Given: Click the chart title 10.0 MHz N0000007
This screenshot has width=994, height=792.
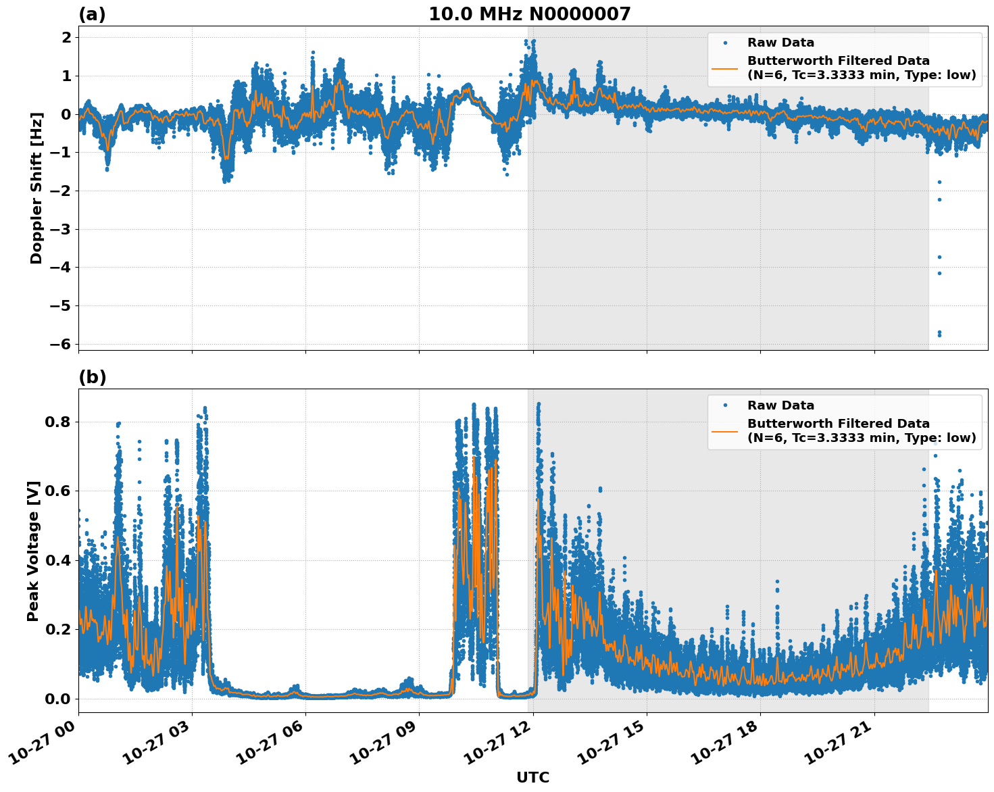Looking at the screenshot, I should [529, 14].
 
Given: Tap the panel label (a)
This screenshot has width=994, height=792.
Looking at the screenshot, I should [92, 14].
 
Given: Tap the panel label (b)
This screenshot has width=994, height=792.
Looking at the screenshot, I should [92, 377].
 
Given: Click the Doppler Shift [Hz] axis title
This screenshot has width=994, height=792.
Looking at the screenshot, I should [36, 188].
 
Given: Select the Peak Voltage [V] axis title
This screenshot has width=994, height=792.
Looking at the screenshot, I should [33, 551].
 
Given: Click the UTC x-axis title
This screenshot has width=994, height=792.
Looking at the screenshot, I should [532, 777].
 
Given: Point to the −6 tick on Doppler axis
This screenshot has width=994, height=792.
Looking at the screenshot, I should [61, 344].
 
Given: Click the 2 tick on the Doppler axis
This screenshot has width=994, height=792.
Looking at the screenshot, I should [66, 37].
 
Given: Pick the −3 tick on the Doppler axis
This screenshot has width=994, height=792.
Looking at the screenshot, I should [61, 229].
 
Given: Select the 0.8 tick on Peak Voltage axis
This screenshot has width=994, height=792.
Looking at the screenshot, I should [57, 422].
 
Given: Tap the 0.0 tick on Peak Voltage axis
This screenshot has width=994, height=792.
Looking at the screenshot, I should [57, 699].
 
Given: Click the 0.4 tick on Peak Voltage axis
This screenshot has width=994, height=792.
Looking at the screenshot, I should [57, 560].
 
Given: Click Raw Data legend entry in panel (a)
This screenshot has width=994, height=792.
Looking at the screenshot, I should [780, 43].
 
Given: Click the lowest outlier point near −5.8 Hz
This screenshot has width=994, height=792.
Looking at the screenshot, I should [939, 335].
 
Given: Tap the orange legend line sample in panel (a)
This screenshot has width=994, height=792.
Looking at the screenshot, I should [724, 68].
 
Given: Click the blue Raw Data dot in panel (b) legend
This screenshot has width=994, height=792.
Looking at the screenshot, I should [724, 405].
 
